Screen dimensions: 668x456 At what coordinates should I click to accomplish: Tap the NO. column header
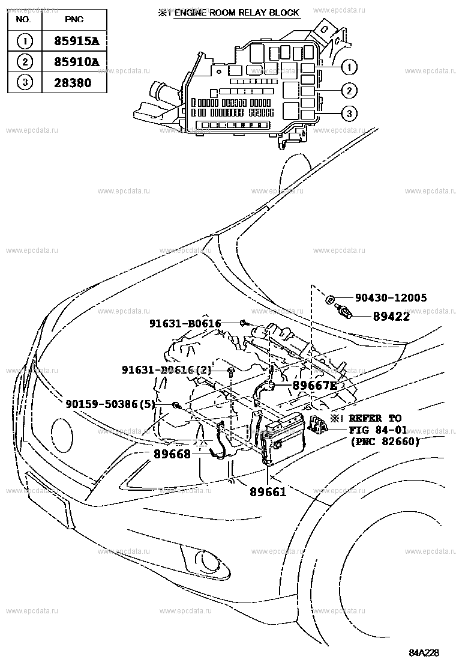pyautogui.click(x=23, y=20)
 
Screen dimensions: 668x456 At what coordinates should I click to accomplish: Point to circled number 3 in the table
pyautogui.click(x=23, y=83)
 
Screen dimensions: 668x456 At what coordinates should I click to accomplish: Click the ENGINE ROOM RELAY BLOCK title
pyautogui.click(x=236, y=13)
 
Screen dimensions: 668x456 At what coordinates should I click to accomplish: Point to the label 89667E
pyautogui.click(x=315, y=386)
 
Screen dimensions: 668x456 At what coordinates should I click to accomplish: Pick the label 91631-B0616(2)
pyautogui.click(x=166, y=370)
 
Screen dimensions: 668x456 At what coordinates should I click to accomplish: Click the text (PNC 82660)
pyautogui.click(x=384, y=442)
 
